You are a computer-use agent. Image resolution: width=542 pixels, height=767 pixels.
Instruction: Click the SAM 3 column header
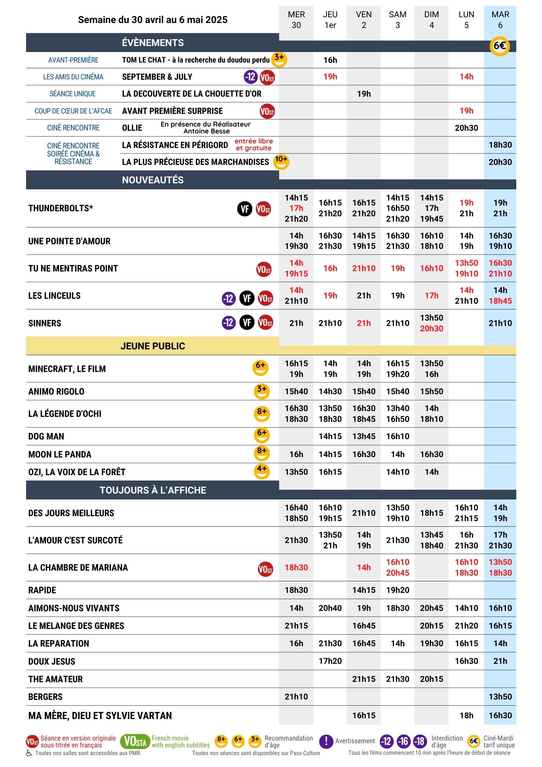pos(397,20)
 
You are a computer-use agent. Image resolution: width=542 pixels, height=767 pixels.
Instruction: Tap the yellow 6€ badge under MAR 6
pos(499,46)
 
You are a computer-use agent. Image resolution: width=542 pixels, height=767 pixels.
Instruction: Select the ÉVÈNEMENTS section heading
pos(153,43)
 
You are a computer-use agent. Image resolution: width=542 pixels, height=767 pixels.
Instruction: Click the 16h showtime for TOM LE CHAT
pos(330,60)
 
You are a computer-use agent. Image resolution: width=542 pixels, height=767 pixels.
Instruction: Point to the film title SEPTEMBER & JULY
pos(157,77)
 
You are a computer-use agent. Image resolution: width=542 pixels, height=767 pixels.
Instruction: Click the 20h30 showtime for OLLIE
pos(466,128)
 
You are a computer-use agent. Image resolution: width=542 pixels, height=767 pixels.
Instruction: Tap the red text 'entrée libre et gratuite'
pos(253,145)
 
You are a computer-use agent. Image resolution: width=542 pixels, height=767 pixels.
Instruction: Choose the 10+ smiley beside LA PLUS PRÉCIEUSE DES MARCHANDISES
pos(281,161)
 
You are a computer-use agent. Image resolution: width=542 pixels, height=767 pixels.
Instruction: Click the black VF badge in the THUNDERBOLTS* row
pos(245,209)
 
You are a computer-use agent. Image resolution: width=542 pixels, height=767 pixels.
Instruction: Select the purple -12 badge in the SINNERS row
pos(229,323)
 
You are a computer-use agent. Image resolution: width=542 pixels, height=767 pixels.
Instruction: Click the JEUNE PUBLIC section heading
pos(153,346)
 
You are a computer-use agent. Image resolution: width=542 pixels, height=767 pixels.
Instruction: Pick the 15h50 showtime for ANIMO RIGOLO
pos(431,392)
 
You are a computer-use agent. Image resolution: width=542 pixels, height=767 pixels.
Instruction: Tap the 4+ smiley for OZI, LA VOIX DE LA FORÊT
pos(262,471)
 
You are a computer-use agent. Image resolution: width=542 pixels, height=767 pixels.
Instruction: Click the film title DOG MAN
pos(46,436)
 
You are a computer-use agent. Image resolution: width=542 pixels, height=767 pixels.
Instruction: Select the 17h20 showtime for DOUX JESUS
pos(330,661)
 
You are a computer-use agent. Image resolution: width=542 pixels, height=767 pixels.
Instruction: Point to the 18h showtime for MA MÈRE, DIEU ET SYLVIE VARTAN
pos(466,716)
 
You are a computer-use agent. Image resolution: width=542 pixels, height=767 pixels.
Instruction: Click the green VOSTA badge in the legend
pos(135,742)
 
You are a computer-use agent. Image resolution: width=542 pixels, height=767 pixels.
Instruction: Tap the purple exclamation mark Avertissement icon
pos(326,741)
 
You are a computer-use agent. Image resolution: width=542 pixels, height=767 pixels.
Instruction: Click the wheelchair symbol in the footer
pos(29,753)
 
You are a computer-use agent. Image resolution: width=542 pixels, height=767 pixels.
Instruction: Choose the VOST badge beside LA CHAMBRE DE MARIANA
pos(265,569)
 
